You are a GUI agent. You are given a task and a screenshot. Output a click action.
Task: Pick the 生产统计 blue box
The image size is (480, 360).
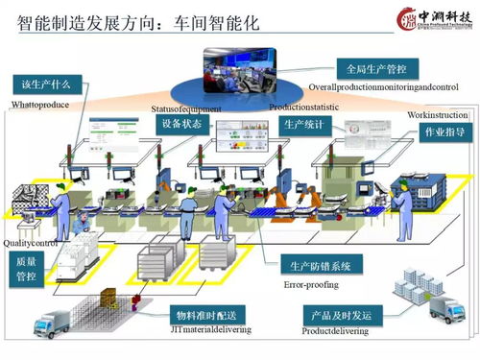pyautogui.click(x=306, y=125)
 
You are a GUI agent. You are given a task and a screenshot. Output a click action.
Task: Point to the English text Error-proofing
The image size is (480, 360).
pyautogui.click(x=312, y=284)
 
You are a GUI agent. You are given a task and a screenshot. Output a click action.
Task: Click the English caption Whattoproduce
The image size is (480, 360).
pyautogui.click(x=40, y=104)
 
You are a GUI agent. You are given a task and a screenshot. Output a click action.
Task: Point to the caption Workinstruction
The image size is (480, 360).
pyautogui.click(x=437, y=115)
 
